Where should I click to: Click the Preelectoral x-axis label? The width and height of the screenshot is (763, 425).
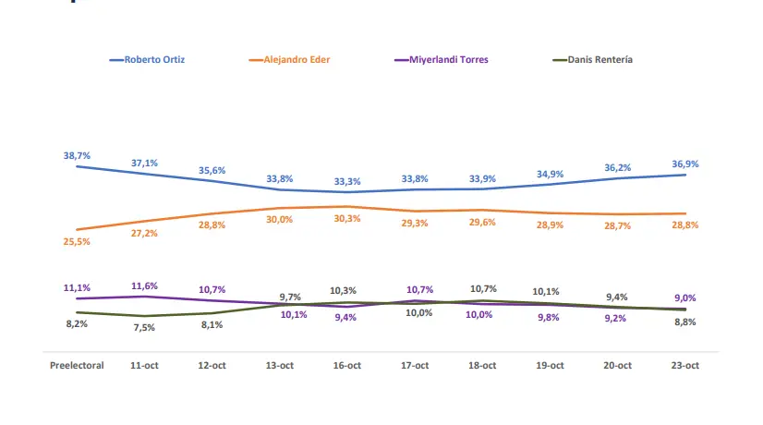77,366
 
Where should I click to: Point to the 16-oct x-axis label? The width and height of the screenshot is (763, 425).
346,366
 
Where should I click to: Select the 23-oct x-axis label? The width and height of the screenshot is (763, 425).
685,366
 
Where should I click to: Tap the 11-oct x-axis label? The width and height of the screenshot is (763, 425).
144,366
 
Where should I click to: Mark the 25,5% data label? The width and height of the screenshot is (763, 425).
77,241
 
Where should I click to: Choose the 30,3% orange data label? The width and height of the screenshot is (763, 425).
346,218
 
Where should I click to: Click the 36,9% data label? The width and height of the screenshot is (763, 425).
685,164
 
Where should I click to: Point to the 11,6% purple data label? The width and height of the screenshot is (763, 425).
144,286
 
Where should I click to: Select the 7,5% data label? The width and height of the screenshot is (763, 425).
144,328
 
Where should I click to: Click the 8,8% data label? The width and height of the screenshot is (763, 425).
685,322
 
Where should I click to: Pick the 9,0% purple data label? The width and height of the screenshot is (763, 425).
685,297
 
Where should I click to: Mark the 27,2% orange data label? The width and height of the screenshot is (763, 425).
144,233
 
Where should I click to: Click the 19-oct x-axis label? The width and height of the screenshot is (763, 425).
551,366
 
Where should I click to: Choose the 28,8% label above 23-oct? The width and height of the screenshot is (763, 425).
685,225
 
